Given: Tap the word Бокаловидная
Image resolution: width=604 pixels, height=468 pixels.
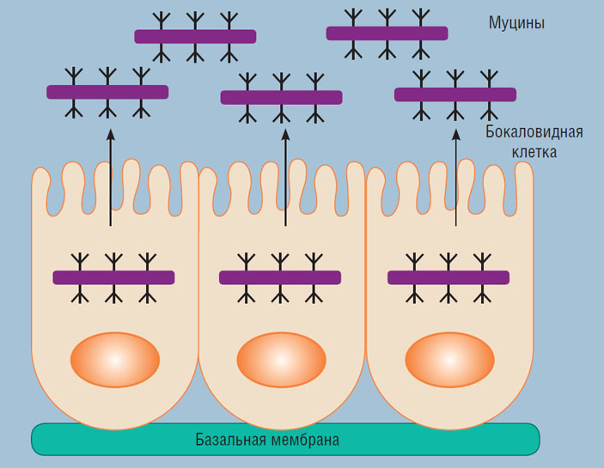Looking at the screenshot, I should [534, 132].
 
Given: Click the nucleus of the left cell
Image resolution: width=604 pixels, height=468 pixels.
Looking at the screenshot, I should [115, 360].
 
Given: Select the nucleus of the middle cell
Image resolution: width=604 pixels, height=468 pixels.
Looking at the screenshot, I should [281, 360].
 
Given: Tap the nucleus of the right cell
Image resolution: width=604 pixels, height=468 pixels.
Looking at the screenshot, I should [449, 360].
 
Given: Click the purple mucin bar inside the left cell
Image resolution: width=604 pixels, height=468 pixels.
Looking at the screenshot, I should [113, 277].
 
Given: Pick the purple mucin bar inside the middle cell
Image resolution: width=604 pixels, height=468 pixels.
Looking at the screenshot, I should [280, 277].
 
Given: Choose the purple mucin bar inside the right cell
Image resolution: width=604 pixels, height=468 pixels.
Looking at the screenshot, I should [448, 277].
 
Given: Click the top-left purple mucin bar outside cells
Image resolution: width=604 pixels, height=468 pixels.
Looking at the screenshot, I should [195, 36].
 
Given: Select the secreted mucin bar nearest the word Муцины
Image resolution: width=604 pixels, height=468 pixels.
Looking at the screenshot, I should [387, 33].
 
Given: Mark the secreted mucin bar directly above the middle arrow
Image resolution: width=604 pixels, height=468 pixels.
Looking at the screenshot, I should [281, 97].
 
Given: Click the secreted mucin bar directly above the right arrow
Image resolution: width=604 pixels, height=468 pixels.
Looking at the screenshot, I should [455, 94].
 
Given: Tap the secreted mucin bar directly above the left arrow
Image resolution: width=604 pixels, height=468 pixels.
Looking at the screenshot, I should [107, 92].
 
